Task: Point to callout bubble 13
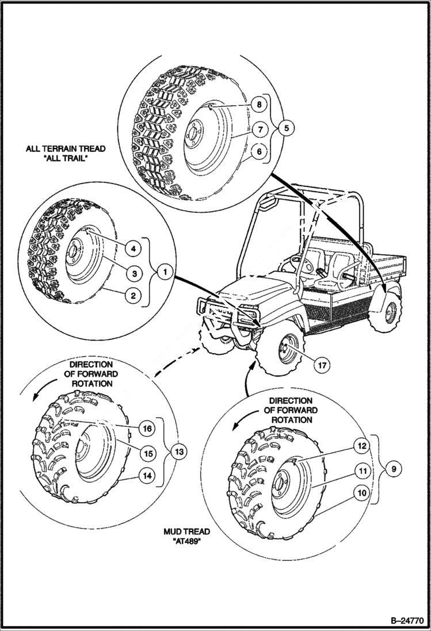[x=180, y=452]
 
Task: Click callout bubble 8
[x=259, y=104]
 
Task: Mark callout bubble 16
[x=147, y=429]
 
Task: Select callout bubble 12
[x=362, y=445]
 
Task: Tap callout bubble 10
[x=362, y=494]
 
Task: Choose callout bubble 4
[x=132, y=248]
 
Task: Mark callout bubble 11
[x=362, y=470]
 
